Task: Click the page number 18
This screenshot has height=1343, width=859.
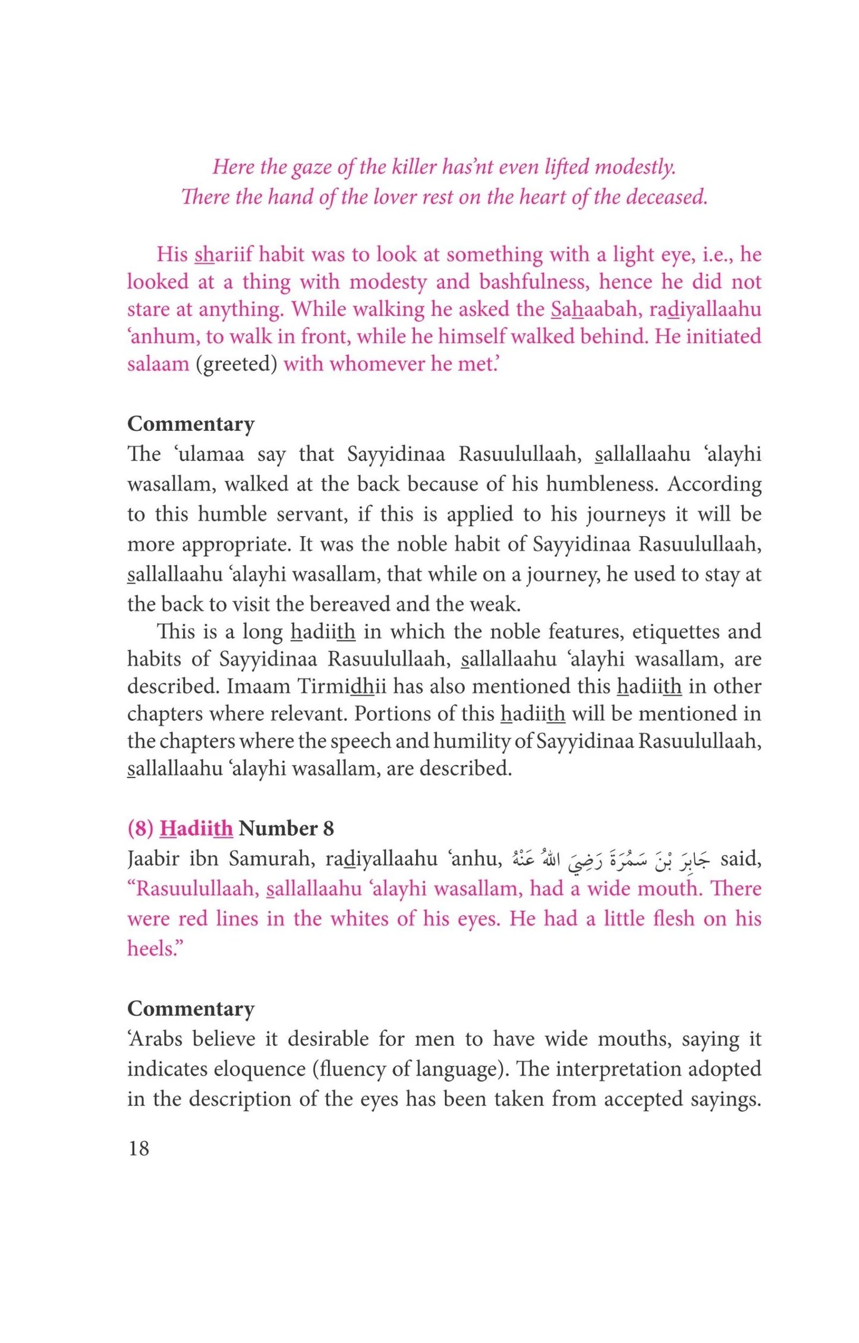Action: [x=139, y=1149]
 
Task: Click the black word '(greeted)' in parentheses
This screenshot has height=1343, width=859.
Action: [x=237, y=364]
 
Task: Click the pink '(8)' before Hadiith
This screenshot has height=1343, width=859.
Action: [x=141, y=828]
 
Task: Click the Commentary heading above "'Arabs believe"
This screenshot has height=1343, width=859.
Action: [x=191, y=1008]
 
